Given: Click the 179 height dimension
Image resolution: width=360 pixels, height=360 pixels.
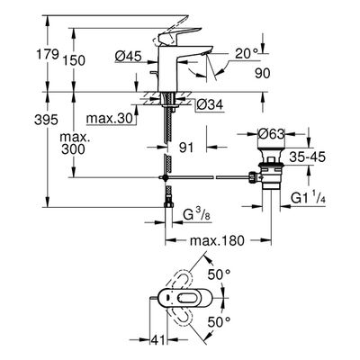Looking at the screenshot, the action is click(47, 55).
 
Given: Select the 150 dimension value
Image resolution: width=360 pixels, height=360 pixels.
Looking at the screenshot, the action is click(74, 60).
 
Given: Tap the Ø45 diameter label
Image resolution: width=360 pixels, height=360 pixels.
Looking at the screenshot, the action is click(129, 56).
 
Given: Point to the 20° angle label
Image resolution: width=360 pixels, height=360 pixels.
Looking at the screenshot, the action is click(247, 54).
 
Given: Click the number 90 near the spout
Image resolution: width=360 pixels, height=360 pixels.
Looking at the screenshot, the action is click(263, 73).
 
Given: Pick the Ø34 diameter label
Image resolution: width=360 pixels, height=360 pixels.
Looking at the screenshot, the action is click(211, 104).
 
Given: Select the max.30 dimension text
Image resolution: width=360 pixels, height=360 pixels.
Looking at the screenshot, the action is click(109, 119).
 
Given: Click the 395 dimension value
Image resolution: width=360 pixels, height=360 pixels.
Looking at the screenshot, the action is click(46, 120).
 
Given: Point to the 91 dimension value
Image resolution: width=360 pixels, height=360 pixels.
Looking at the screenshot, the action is click(186, 148).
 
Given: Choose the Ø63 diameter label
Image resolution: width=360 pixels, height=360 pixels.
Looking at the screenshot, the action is click(271, 133).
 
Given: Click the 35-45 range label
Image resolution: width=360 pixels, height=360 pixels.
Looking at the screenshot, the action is click(308, 157).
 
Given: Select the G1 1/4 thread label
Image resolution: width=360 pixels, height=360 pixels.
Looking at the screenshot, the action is click(308, 198).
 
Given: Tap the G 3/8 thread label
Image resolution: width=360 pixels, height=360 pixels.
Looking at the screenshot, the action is click(197, 215).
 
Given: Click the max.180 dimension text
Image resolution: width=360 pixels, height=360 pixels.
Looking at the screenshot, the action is click(218, 240).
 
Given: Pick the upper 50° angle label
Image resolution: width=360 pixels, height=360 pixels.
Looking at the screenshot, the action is click(220, 274).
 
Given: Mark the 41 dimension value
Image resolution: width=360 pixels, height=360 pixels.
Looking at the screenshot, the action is click(157, 340).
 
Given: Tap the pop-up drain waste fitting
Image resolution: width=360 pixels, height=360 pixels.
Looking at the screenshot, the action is click(268, 168).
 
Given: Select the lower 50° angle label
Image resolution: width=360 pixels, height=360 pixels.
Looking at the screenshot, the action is click(219, 322).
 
